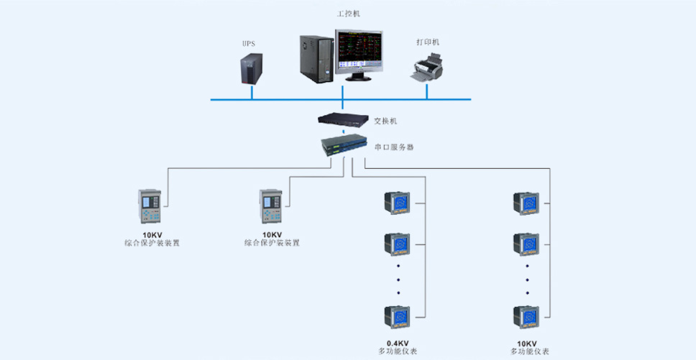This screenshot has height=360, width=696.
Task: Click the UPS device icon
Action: point(251,69)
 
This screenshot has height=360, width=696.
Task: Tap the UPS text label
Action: point(249,43)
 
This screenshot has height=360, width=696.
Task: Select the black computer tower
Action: point(316,59)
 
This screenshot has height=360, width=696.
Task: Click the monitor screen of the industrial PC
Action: point(359,52)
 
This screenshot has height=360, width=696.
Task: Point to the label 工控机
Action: point(349,14)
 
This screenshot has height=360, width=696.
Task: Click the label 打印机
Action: point(428,42)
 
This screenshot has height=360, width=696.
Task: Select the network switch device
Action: point(343,119)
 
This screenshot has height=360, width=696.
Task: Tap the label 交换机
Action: point(385,121)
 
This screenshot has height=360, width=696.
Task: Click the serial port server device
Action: point(344,145)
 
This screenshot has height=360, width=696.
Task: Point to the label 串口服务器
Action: point(394,147)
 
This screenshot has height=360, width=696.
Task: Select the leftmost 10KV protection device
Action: point(150,206)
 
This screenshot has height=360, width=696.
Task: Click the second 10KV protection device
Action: point(271,206)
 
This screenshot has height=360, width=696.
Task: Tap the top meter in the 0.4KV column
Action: point(397,203)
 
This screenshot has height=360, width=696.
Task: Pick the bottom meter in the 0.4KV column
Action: point(397,317)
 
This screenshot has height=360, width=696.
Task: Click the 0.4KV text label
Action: point(398,343)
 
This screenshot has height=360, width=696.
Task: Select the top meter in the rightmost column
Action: point(526,203)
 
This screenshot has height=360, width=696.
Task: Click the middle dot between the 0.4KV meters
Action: point(398,280)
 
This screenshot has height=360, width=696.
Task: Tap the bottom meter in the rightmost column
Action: point(526,317)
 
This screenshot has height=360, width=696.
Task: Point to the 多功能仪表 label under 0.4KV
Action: point(398,351)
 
